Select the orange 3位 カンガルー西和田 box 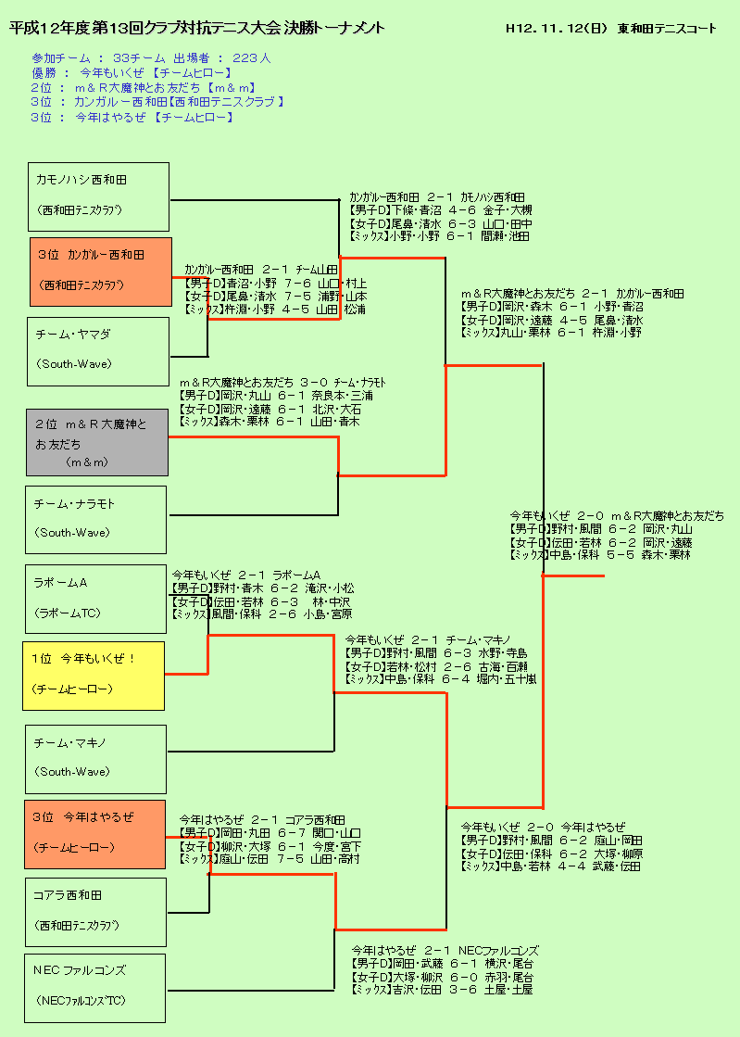point(101,271)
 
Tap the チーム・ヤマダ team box point(97,350)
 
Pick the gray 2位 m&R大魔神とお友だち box point(96,442)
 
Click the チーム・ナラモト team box point(95,519)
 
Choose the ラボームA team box point(95,599)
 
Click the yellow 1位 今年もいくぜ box point(94,675)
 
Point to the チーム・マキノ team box point(95,759)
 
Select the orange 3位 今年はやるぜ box point(94,834)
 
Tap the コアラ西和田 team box point(95,912)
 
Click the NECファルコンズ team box point(94,987)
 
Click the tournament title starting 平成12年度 point(197,29)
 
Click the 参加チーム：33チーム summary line point(151,57)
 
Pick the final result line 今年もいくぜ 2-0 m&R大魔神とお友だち point(617,515)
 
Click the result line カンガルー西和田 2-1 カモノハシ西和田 point(436,197)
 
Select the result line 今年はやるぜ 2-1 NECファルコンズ point(445,951)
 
